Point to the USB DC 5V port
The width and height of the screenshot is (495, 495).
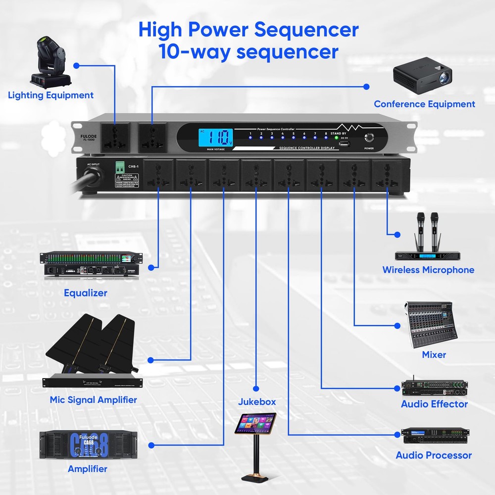(x=345, y=145)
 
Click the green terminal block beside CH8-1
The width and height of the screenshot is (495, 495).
(x=119, y=168)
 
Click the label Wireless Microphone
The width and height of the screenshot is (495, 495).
(x=428, y=270)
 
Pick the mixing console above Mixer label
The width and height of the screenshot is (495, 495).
(x=429, y=324)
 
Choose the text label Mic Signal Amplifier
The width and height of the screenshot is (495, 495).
(x=93, y=399)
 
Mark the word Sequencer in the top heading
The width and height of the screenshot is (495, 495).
(x=307, y=30)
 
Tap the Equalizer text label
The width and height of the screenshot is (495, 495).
(x=85, y=293)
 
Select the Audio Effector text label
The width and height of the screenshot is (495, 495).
(x=434, y=404)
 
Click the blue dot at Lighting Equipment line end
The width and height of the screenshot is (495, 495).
(x=77, y=65)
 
